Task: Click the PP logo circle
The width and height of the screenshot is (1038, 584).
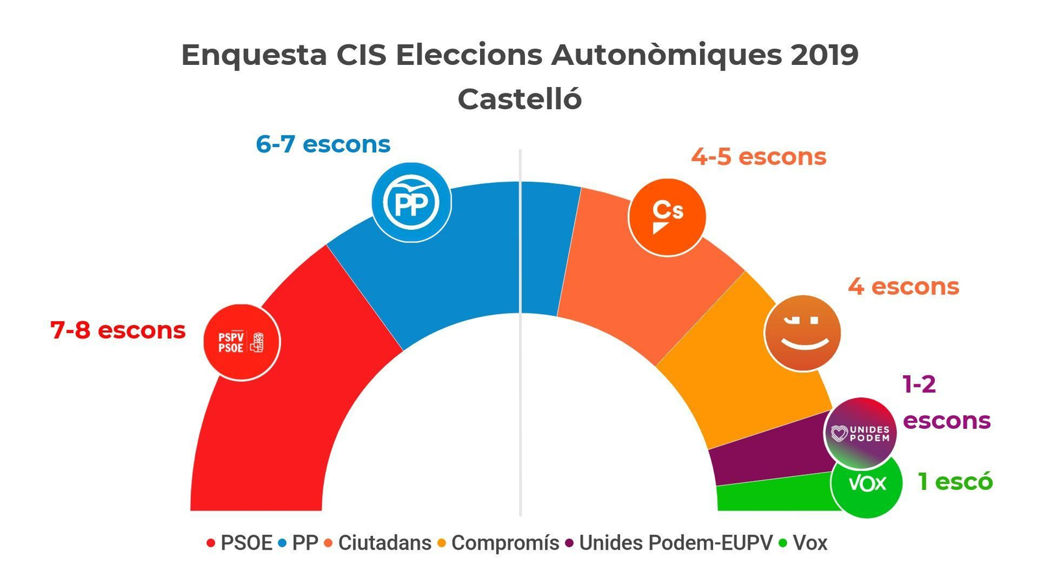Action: coord(411,202)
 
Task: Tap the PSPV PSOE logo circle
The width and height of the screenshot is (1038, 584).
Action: coord(241,342)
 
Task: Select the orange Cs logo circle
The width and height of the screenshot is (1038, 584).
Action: coord(667,217)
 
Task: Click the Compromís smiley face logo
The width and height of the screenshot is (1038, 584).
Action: coord(803,333)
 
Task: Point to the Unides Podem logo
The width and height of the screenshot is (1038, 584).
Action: coord(860,433)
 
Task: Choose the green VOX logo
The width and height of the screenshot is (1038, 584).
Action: coord(867,484)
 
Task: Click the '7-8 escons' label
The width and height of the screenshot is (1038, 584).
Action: coord(118,330)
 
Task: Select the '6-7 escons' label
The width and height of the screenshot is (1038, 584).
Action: coord(323,144)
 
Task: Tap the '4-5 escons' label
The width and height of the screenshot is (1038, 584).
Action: coord(758,156)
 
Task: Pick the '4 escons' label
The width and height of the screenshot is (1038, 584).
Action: coord(903,286)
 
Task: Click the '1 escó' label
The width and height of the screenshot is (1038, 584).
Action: coord(955,481)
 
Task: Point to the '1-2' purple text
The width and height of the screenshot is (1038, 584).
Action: coord(919,385)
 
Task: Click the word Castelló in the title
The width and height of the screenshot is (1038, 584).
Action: coord(520,99)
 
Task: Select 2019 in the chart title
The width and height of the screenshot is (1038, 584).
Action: coord(825,55)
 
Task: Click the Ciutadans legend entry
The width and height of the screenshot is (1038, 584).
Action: coord(384,542)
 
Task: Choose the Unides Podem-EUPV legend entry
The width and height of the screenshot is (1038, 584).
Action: coord(675,542)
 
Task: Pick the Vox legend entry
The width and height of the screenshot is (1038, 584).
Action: coord(810,542)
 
